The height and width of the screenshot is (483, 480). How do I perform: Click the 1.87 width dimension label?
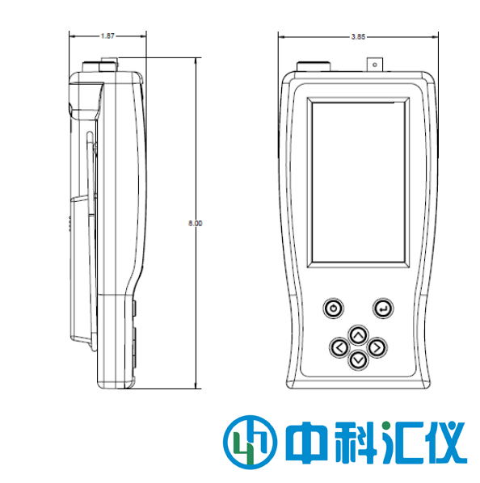[x=107, y=36]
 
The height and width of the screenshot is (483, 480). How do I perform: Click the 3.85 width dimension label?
[x=358, y=37]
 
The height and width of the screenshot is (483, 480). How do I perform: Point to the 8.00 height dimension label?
[x=196, y=223]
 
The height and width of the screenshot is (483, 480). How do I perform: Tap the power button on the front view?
[x=334, y=308]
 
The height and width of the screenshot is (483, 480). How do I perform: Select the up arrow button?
[x=358, y=335]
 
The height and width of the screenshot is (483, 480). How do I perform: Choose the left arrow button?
[x=339, y=348]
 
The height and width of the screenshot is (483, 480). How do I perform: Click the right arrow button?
[x=377, y=348]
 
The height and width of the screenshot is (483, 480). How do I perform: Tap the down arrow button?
[x=358, y=359]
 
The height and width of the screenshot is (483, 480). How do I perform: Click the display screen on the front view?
[x=358, y=183]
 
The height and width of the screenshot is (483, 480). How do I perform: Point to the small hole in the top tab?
[x=375, y=65]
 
